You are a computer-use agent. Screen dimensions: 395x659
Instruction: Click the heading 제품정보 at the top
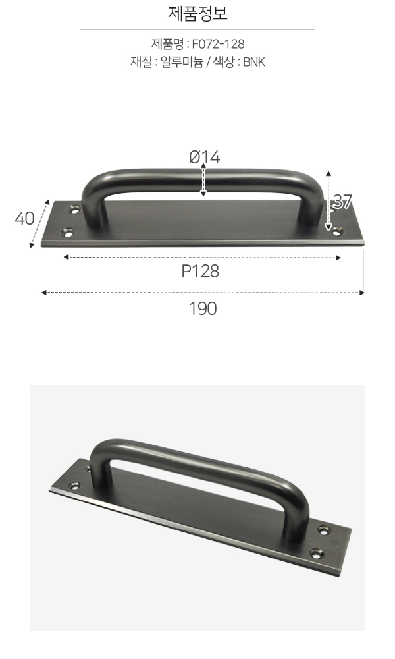click(x=197, y=13)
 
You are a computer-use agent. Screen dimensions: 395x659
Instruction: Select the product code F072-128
click(x=219, y=44)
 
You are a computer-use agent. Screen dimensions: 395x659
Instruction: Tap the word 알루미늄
click(x=182, y=62)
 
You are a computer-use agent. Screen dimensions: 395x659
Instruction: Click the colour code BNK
click(x=254, y=62)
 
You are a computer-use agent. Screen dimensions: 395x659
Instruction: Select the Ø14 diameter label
click(x=205, y=158)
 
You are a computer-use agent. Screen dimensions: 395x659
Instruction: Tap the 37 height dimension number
click(x=342, y=202)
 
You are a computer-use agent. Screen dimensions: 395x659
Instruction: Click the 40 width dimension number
click(x=25, y=219)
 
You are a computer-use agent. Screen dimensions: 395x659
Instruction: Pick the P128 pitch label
click(x=200, y=272)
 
